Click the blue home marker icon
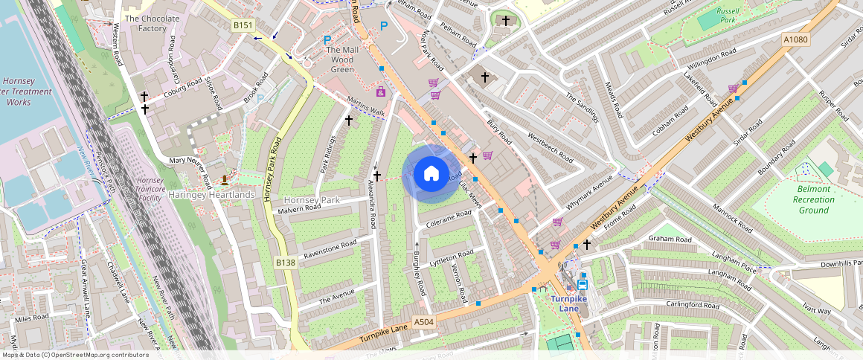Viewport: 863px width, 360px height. (431, 174)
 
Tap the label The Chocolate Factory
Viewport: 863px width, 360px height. (152, 23)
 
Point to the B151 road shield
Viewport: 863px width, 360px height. (242, 25)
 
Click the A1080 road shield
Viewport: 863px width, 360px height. (795, 39)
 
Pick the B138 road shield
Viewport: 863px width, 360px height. (286, 263)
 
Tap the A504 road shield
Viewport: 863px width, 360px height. (423, 322)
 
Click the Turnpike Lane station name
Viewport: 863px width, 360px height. (574, 298)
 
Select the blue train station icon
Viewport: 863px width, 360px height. (582, 283)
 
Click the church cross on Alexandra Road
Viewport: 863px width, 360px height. (377, 176)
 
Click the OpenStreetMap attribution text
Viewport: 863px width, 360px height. (74, 355)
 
